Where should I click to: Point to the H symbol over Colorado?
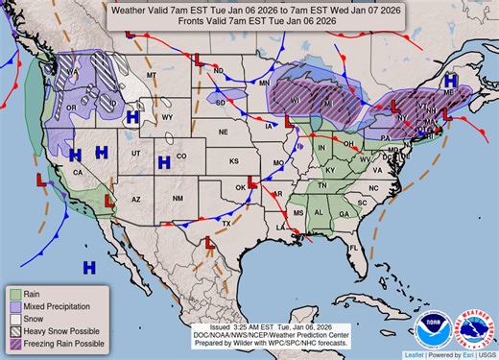[x=164, y=160]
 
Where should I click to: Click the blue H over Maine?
[x=450, y=83]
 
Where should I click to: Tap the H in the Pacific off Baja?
[x=89, y=264]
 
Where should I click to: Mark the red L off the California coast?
[x=40, y=179]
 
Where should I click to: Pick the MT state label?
[x=151, y=74]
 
